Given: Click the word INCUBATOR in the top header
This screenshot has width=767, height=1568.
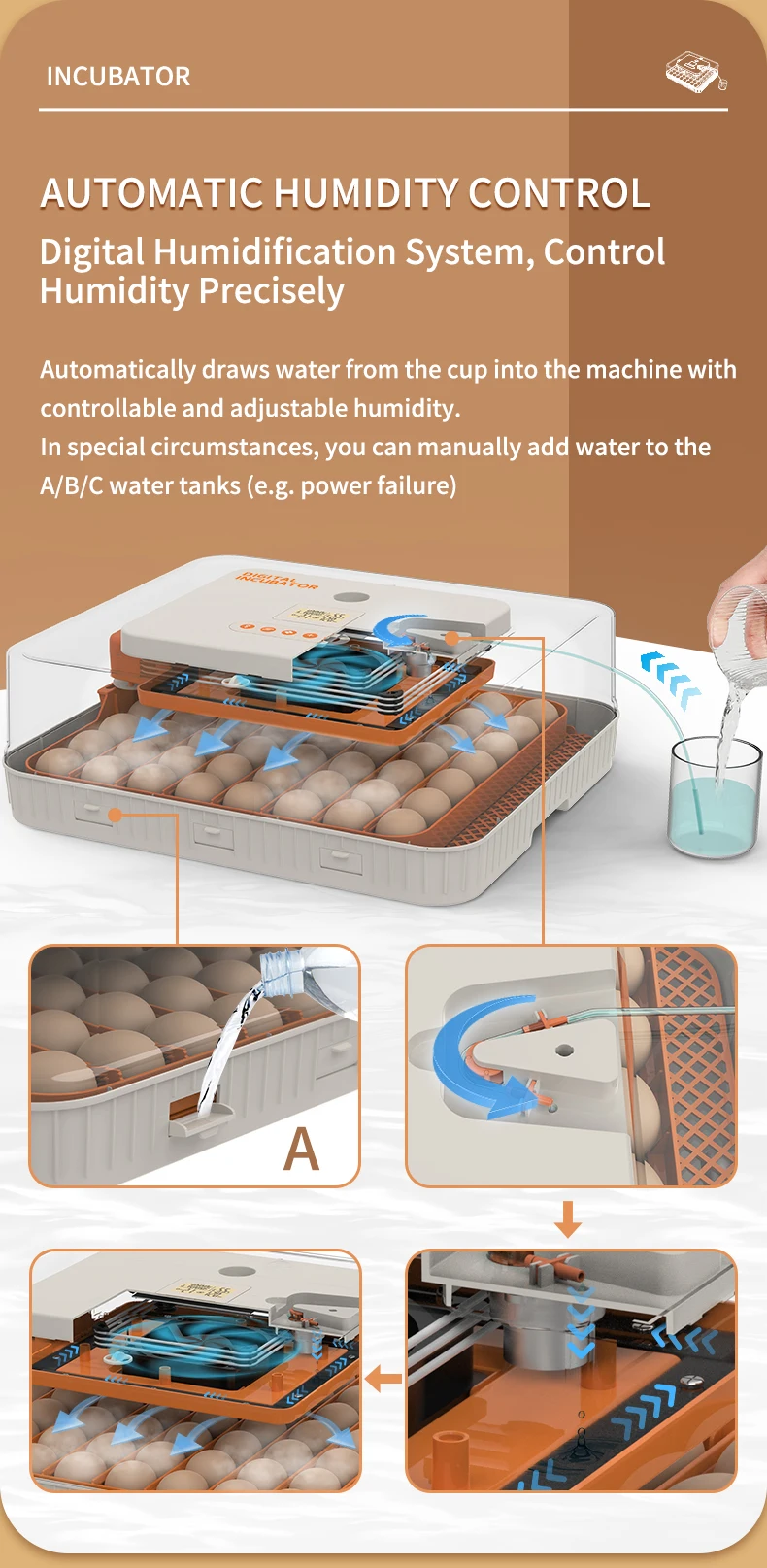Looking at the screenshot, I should point(118,77).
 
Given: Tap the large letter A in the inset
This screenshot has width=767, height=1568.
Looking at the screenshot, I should point(301,1150).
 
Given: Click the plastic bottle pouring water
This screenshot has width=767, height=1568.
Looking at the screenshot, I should point(303,972).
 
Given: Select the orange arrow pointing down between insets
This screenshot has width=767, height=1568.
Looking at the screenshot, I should point(568,1218).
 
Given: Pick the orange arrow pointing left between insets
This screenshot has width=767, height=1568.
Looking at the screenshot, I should point(384,1378).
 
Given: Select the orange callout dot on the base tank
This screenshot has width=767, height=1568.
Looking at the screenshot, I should point(116,814).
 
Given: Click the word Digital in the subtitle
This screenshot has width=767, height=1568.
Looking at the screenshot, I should point(92,252).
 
